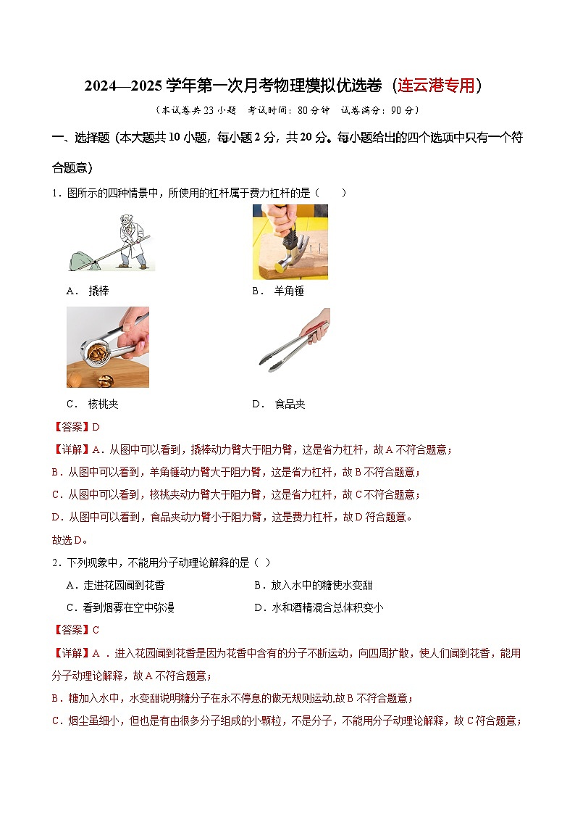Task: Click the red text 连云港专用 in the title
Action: pos(437,86)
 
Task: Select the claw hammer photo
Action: pos(290,241)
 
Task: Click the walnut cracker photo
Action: pos(107,346)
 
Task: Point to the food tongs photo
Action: pos(293,339)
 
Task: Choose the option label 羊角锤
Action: pos(288,291)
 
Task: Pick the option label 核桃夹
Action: pos(103,404)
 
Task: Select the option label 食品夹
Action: pos(290,404)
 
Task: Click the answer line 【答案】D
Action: pos(76,427)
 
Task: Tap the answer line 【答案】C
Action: pos(76,630)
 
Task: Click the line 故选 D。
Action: pos(70,540)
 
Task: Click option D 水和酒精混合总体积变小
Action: pos(319,607)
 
